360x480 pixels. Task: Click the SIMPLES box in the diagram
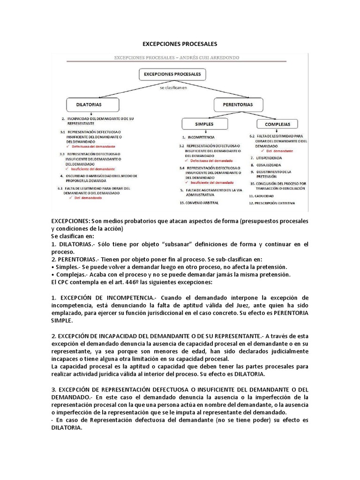pos(204,124)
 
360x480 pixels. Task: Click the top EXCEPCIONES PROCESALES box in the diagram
pos(172,74)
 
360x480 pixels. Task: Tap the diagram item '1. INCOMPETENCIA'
pos(199,138)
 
